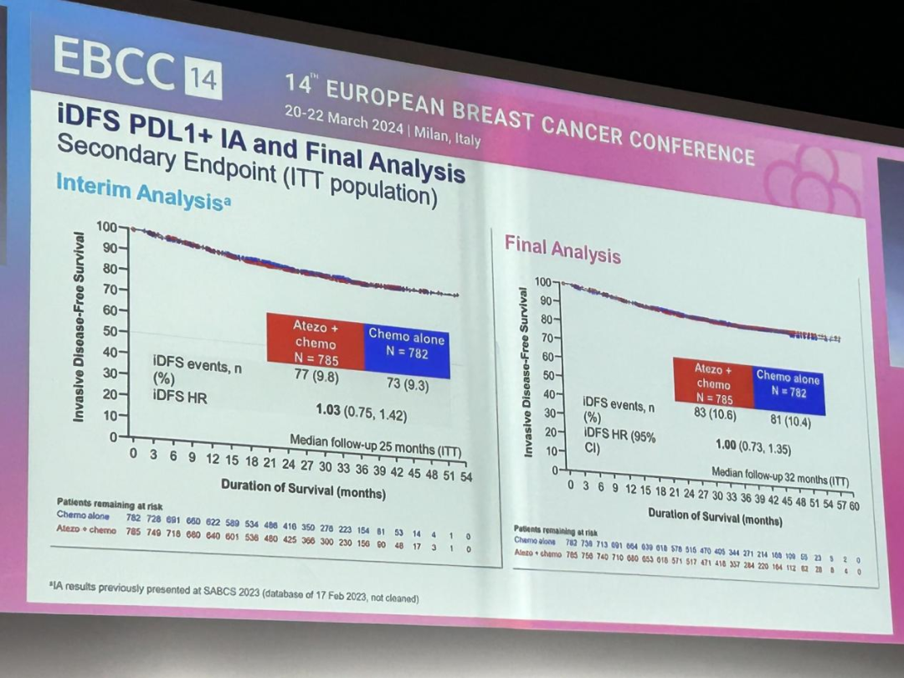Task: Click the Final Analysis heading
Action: [x=562, y=249]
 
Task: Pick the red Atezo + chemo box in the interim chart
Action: [x=316, y=342]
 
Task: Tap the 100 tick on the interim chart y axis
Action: [x=107, y=226]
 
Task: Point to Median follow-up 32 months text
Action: [x=779, y=477]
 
